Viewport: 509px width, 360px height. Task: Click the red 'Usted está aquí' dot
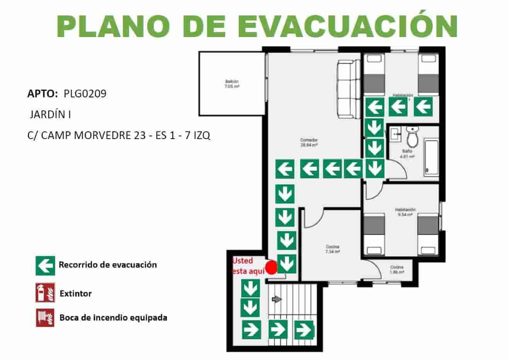click(x=271, y=268)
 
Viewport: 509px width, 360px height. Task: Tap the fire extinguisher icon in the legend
click(x=45, y=293)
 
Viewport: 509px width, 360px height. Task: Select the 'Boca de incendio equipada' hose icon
click(x=45, y=318)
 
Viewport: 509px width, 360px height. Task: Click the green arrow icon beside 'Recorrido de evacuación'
click(x=45, y=265)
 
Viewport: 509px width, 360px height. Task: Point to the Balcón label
click(x=232, y=84)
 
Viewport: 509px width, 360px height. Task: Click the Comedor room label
click(x=309, y=142)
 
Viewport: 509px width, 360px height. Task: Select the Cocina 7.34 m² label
click(x=332, y=249)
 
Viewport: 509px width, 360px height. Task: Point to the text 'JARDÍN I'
click(x=50, y=115)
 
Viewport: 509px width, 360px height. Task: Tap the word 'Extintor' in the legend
click(x=76, y=294)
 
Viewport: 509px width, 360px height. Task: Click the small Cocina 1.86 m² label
click(x=397, y=270)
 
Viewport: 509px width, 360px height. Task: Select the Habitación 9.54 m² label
click(x=405, y=212)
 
